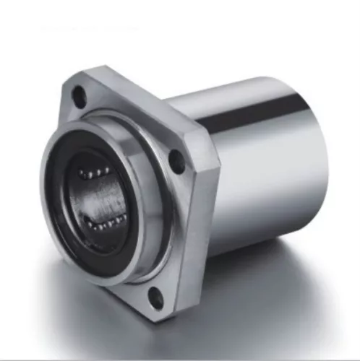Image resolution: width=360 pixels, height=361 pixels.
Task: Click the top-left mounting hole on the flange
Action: [80, 93]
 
